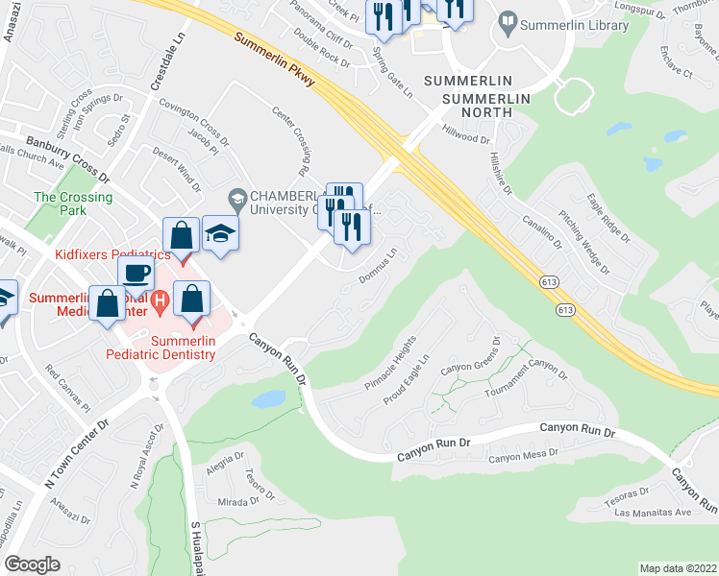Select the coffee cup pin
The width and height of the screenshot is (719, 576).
click(x=136, y=273)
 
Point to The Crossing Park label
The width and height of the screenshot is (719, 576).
click(x=73, y=204)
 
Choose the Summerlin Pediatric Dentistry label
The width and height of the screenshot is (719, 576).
click(x=161, y=347)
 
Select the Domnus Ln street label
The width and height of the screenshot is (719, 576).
click(x=379, y=267)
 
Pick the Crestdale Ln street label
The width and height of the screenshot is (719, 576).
click(x=165, y=68)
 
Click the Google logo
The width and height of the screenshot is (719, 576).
click(x=32, y=564)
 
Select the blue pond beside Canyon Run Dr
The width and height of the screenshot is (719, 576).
click(x=268, y=397)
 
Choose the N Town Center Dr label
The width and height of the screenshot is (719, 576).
click(x=78, y=451)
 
